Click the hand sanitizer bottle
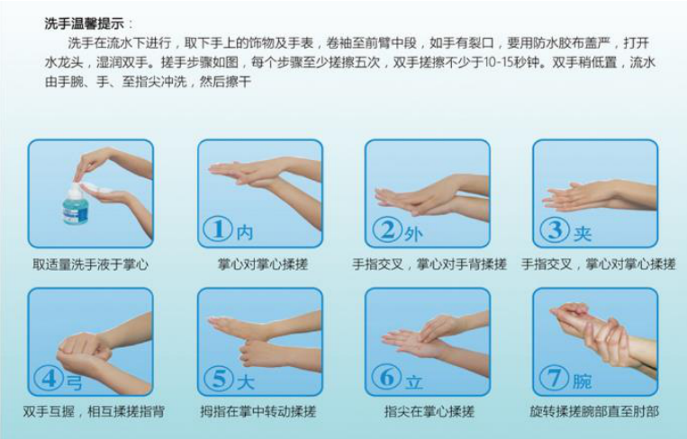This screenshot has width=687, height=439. tap(76, 204)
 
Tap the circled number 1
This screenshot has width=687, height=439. tap(218, 228)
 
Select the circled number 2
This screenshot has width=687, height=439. tap(387, 229)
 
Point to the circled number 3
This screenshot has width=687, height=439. tap(555, 229)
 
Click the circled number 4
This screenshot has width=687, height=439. tap(49, 378)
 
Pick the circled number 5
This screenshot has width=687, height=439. tap(219, 378)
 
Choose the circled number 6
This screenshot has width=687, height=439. tap(387, 377)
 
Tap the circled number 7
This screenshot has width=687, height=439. tap(555, 377)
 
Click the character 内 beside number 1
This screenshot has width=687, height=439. tap(245, 232)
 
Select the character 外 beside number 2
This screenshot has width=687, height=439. tap(413, 235)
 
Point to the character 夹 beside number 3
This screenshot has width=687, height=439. tap(583, 234)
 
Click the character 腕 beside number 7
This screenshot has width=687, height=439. tap(582, 381)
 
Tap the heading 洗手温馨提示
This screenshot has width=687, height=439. tap(84, 23)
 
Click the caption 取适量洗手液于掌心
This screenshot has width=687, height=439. tap(91, 264)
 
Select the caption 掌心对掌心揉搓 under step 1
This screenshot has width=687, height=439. tap(263, 264)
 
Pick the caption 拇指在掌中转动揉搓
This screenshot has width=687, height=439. tap(258, 411)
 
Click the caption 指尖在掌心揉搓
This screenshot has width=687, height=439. tap(429, 411)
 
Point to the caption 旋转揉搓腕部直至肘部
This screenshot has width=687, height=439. tap(594, 411)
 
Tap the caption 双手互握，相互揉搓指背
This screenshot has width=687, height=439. tap(94, 411)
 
